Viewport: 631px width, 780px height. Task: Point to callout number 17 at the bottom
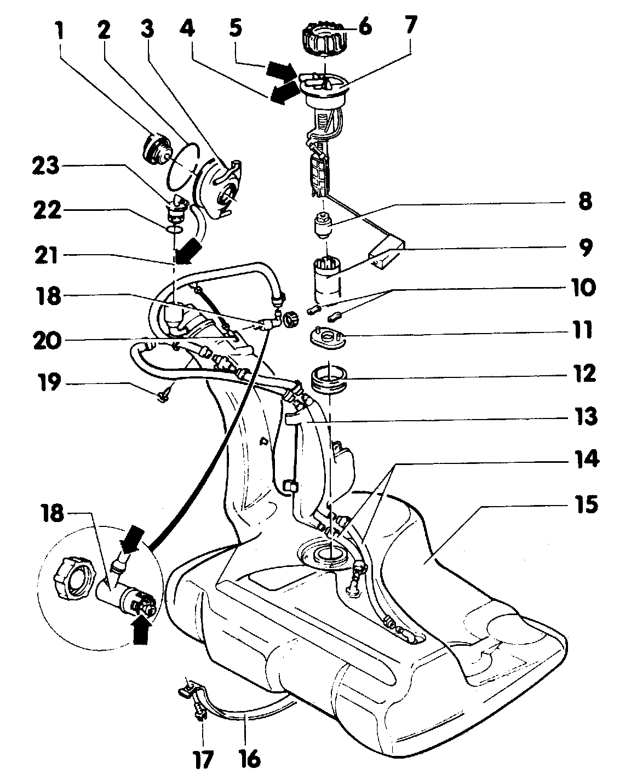click(x=202, y=761)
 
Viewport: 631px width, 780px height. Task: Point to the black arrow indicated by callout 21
click(x=188, y=253)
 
